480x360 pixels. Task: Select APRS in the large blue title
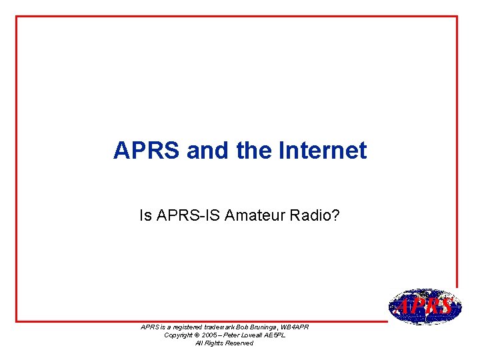147,151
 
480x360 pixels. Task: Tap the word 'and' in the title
209,151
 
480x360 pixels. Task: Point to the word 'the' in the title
252,151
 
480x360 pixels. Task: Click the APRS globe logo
425,306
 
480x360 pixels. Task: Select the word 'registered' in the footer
193,327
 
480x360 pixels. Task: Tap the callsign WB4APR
297,327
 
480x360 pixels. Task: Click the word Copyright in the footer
178,335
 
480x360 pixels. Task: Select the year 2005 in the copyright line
210,335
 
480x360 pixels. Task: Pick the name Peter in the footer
233,335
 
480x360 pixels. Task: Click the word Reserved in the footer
238,343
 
